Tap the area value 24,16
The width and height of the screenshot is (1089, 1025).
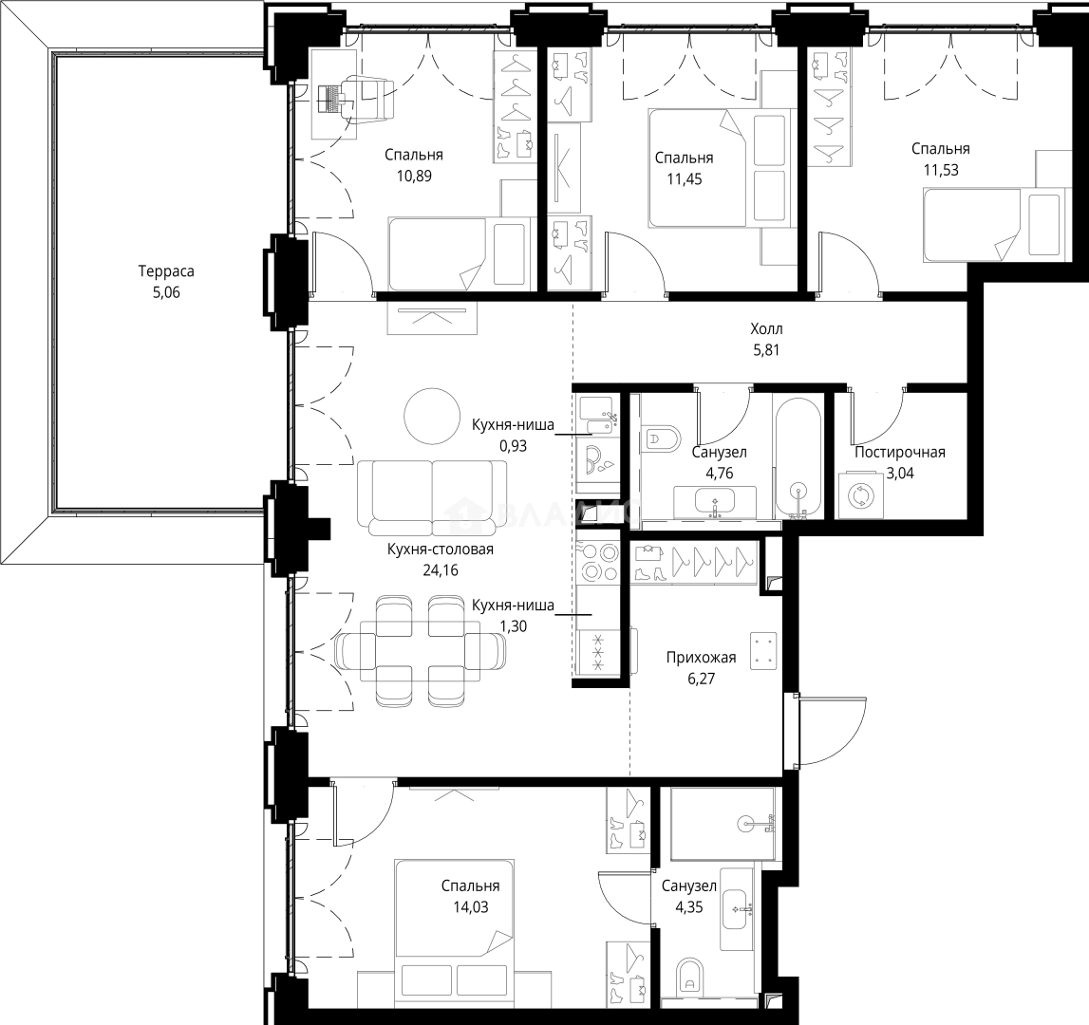coord(440,570)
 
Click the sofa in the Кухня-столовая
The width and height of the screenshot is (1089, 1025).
coord(432,494)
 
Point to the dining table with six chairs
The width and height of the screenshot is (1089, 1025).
coord(419,651)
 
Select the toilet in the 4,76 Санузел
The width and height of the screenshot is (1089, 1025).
coord(662,438)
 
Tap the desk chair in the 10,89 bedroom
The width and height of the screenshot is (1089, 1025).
coord(370,98)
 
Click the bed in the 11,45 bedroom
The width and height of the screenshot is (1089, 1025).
coord(719,168)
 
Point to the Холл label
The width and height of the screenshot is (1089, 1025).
coord(766,328)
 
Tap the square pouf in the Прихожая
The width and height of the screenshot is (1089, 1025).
coord(764,651)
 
